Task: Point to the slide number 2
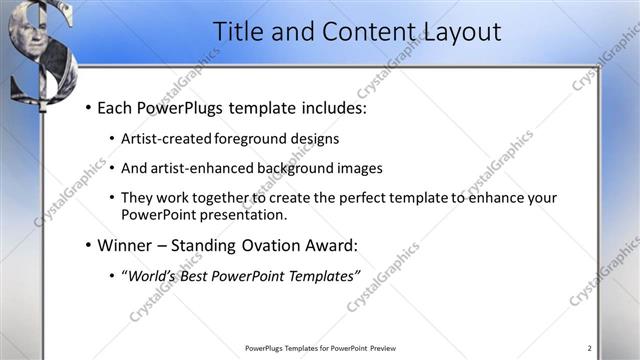[589, 348]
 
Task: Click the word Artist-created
[168, 139]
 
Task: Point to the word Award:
[329, 244]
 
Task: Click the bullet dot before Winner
[89, 245]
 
